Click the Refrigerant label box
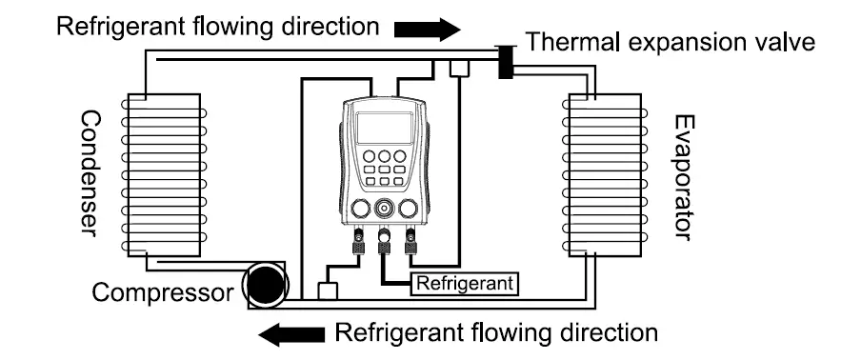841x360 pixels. click(x=466, y=283)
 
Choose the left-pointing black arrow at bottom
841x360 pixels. click(x=293, y=333)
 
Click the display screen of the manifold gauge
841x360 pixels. click(x=384, y=128)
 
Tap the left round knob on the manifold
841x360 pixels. click(x=359, y=209)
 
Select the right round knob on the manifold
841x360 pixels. click(x=410, y=209)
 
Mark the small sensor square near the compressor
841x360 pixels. click(x=327, y=290)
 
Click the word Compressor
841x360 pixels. click(x=161, y=292)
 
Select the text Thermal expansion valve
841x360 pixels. click(x=671, y=42)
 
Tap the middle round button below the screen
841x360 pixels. click(x=384, y=155)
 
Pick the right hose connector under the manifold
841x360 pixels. click(x=411, y=245)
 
